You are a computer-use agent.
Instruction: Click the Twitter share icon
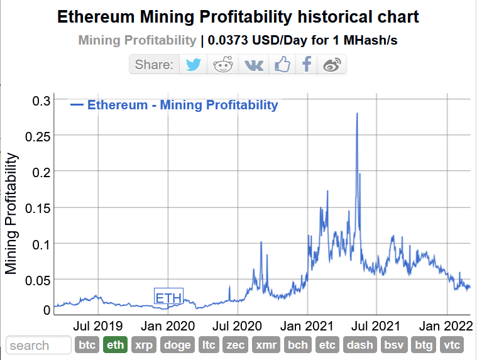pyautogui.click(x=194, y=65)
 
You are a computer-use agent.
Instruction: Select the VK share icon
pyautogui.click(x=253, y=65)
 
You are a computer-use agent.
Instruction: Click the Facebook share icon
pyautogui.click(x=307, y=65)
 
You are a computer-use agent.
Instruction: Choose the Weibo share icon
pyautogui.click(x=332, y=65)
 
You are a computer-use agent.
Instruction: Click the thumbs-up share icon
pyautogui.click(x=282, y=65)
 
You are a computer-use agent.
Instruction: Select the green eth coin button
pyautogui.click(x=115, y=345)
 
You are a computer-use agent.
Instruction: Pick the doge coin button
pyautogui.click(x=178, y=345)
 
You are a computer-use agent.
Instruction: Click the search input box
pyautogui.click(x=39, y=345)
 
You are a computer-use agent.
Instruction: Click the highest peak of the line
pyautogui.click(x=357, y=114)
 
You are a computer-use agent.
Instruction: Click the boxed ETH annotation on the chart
pyautogui.click(x=168, y=297)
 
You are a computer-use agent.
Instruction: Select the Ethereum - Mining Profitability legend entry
pyautogui.click(x=182, y=105)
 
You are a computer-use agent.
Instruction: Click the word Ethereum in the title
pyautogui.click(x=96, y=17)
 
